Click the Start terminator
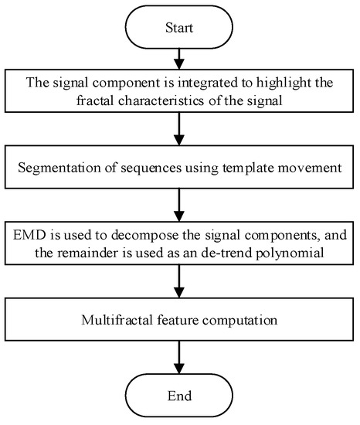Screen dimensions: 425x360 click(179, 29)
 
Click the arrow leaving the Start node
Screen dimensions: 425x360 click(179, 60)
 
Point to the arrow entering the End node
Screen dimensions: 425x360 click(179, 355)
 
